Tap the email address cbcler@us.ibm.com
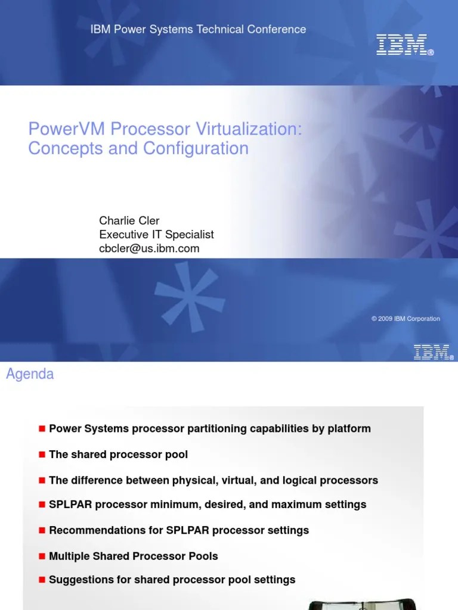coord(149,249)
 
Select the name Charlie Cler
coord(129,221)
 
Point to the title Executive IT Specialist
coord(156,235)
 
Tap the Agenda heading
coord(30,375)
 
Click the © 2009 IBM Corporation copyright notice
coord(406,319)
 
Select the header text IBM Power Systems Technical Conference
coord(198,29)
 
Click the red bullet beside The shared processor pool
coord(42,455)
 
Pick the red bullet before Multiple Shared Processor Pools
coord(42,556)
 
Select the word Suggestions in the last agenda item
coord(76,579)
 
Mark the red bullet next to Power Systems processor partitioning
coord(42,429)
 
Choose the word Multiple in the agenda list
coord(67,556)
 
